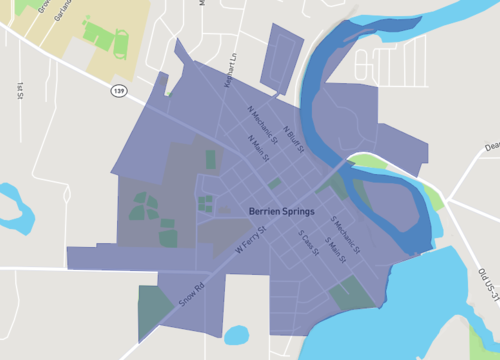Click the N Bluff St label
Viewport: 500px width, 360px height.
[x=292, y=138]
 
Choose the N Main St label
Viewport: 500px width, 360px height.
[x=259, y=149]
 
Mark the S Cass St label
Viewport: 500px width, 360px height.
[x=308, y=243]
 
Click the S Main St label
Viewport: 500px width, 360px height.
[x=330, y=251]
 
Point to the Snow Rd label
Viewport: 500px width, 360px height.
[x=190, y=291]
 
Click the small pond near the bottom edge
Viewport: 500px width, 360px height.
[x=236, y=335]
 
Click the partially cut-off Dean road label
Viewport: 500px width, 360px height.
[x=491, y=147]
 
